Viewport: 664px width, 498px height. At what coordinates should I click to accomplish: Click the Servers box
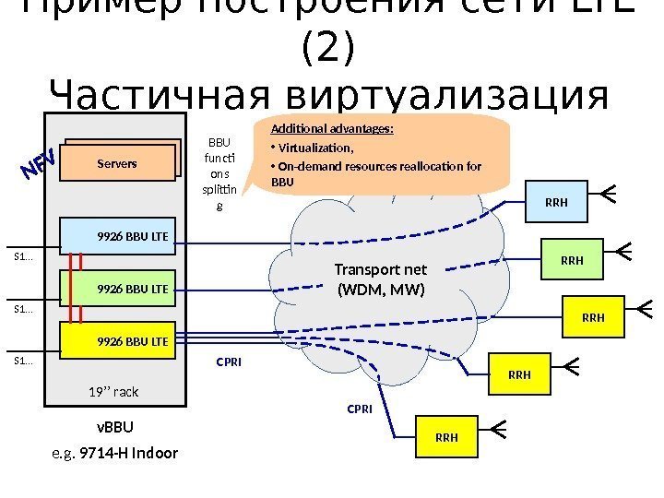pyautogui.click(x=117, y=163)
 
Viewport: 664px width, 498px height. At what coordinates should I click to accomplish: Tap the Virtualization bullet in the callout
pyautogui.click(x=314, y=148)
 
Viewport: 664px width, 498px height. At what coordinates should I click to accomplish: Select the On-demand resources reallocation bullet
pyautogui.click(x=378, y=167)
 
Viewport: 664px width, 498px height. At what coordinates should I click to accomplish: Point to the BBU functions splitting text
pyautogui.click(x=219, y=174)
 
